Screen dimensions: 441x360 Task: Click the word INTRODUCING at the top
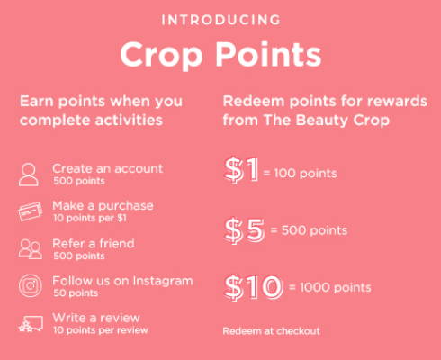pos(220,20)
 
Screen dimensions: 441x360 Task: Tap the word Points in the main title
pos(269,54)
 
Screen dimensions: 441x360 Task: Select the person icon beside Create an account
pos(29,175)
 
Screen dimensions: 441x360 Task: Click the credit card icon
pos(31,211)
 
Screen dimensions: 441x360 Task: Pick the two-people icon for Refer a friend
pos(31,249)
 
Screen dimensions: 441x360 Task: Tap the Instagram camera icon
pos(31,285)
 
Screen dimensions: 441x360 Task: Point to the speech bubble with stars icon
pos(31,323)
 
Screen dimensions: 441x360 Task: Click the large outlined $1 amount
pos(241,170)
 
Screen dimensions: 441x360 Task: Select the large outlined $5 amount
pos(245,230)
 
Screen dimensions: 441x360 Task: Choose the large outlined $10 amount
pos(254,287)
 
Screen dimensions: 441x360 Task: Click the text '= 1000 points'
pos(329,287)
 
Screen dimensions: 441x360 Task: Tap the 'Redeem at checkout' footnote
pos(272,331)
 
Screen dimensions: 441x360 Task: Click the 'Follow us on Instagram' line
pos(122,281)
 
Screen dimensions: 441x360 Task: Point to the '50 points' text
pos(76,292)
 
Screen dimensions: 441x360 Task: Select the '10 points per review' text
pos(101,330)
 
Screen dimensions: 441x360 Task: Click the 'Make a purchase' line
pos(103,206)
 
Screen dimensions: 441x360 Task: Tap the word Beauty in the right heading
pos(321,121)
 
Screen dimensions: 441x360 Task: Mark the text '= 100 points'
pos(300,174)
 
